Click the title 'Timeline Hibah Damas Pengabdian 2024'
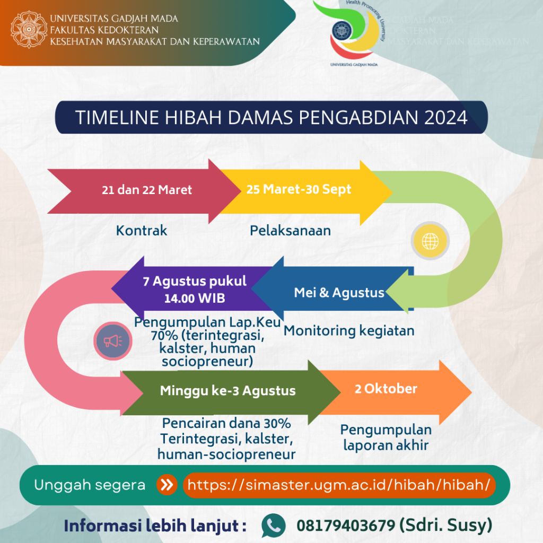[x=271, y=117]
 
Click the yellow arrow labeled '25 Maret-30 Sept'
[x=299, y=189]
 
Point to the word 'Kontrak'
[x=142, y=231]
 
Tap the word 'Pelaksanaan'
[x=290, y=231]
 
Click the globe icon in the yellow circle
[x=430, y=241]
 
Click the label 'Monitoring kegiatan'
[x=348, y=331]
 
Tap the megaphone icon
[x=113, y=340]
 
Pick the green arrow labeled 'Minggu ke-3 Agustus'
[x=227, y=391]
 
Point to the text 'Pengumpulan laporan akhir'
[x=386, y=437]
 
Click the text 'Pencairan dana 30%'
[x=226, y=424]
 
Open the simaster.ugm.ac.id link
[x=339, y=485]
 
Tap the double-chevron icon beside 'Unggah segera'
[x=167, y=485]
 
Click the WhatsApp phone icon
[x=274, y=526]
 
